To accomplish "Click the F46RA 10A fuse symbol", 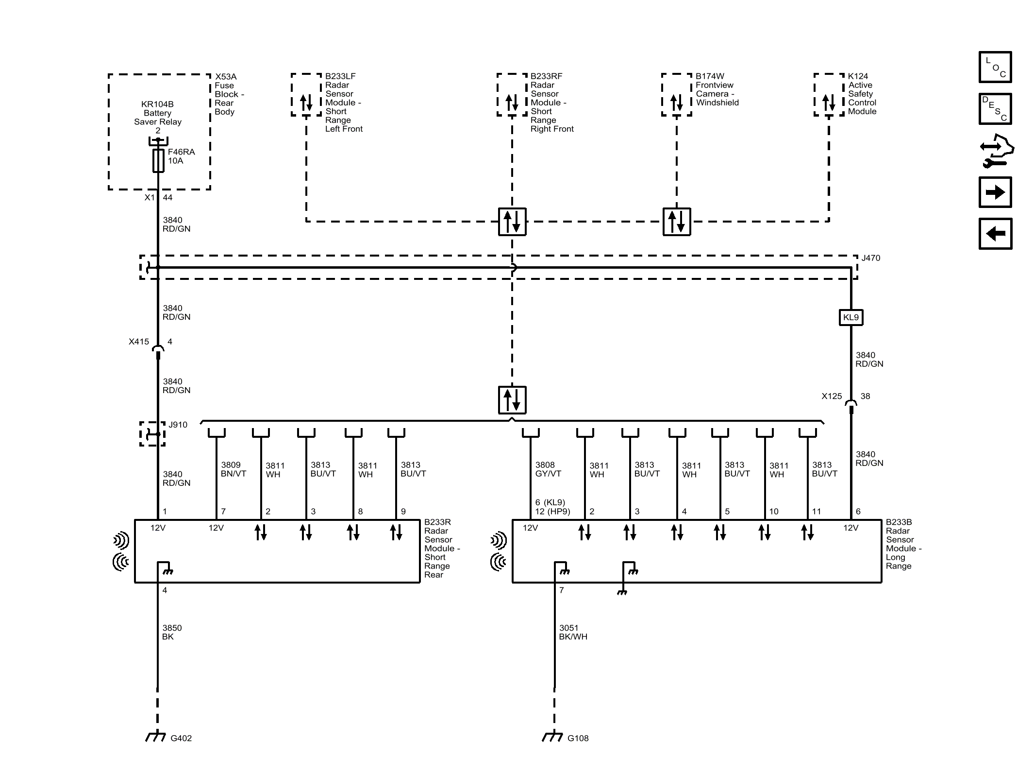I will [x=158, y=161].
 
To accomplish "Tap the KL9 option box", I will [x=851, y=317].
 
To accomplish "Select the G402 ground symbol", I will [x=155, y=737].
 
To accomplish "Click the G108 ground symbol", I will [x=552, y=737].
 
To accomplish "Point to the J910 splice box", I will [x=152, y=433].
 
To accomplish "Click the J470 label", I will [x=870, y=258].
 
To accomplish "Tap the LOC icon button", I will [x=995, y=67].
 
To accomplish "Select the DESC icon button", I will [x=995, y=109].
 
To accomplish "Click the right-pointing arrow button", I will [x=995, y=192].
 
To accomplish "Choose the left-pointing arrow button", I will [x=995, y=234].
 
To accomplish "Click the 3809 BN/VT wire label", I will [x=233, y=469].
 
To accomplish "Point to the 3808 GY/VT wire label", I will [x=548, y=469].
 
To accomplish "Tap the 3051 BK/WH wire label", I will [x=573, y=632].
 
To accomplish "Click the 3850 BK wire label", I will [x=172, y=632].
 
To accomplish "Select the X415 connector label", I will [x=139, y=342].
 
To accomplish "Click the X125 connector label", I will [x=832, y=396].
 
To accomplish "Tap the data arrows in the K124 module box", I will [x=829, y=103].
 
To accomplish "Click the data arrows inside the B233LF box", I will [x=306, y=103].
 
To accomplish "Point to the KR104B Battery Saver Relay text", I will [x=158, y=113].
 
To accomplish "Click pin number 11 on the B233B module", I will [x=817, y=511].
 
